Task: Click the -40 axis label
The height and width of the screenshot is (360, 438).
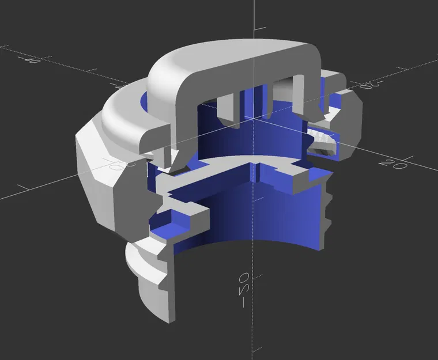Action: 29,58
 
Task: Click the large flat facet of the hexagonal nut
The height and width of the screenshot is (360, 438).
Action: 98,173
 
